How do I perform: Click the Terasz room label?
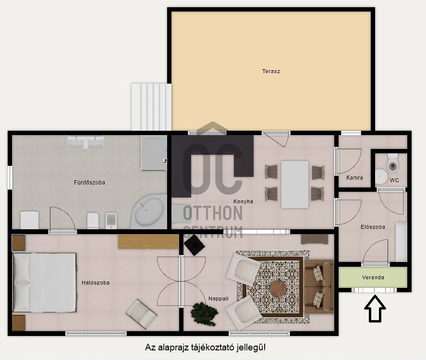click(x=271, y=71)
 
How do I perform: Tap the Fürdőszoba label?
click(x=89, y=183)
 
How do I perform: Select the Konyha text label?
click(x=243, y=201)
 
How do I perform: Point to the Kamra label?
click(x=354, y=177)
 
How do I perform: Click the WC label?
click(x=394, y=180)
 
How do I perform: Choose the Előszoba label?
click(x=373, y=227)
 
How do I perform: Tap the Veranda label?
click(x=373, y=277)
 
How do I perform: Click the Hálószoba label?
click(x=96, y=283)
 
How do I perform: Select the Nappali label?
click(x=219, y=298)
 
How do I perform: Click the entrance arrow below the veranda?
click(x=375, y=309)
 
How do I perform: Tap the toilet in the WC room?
click(x=392, y=163)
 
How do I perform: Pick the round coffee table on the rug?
click(x=278, y=289)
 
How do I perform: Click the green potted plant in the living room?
click(x=204, y=314)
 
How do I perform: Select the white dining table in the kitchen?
click(x=295, y=185)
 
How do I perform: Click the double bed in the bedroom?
click(x=45, y=283)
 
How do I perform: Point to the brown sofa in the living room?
click(x=319, y=286)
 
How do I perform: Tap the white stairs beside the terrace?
click(x=151, y=107)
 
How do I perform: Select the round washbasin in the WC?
click(x=381, y=177)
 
